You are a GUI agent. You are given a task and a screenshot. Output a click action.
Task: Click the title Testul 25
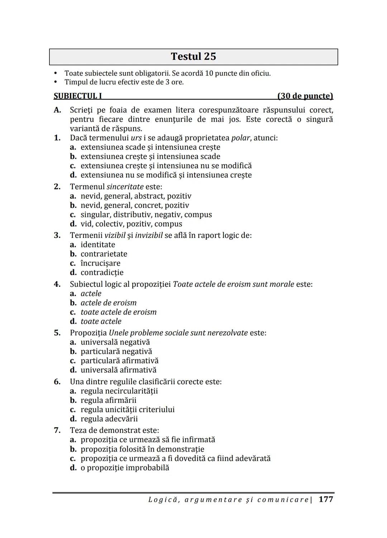pos(193,57)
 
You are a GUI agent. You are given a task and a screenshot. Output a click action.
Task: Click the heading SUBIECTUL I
pos(78,96)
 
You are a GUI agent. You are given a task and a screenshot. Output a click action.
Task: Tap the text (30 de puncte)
pos(305,96)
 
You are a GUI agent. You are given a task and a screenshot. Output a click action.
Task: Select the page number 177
pos(326,499)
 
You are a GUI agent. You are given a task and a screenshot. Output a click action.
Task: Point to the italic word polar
pos(240,138)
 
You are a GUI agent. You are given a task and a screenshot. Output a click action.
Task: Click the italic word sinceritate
pos(125,187)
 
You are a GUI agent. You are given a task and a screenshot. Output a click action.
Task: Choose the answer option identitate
pos(98,245)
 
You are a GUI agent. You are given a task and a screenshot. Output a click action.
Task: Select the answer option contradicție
pos(102,273)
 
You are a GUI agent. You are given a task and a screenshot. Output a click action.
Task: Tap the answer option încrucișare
pos(100,263)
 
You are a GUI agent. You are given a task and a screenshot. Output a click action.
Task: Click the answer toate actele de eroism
pos(119,312)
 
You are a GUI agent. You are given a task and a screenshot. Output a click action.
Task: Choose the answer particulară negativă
pos(116,352)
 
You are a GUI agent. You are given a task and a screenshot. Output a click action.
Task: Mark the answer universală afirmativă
pos(118,370)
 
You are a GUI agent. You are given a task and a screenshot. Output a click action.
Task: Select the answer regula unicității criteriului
pos(128,410)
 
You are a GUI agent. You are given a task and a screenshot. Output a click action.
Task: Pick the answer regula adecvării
pos(109,419)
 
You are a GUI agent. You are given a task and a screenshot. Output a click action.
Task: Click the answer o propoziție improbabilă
pos(125,468)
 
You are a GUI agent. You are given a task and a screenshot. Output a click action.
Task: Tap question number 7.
pos(57,430)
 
